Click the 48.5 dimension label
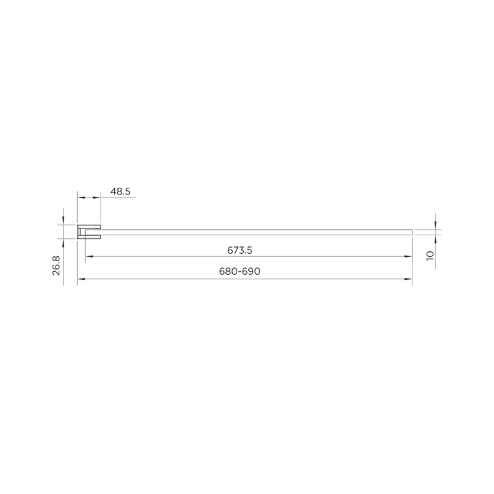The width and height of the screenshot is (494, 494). pyautogui.click(x=120, y=191)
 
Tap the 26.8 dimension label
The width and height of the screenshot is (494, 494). pyautogui.click(x=56, y=266)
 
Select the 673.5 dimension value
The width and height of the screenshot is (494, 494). pyautogui.click(x=240, y=251)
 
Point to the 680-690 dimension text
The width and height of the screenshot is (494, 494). pyautogui.click(x=240, y=271)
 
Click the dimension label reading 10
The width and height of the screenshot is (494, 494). pyautogui.click(x=430, y=256)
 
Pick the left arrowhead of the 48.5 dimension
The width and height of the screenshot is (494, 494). pyautogui.click(x=82, y=198)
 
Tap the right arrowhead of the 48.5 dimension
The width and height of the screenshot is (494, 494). pyautogui.click(x=97, y=198)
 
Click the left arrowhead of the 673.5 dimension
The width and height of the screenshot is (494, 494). pyautogui.click(x=90, y=256)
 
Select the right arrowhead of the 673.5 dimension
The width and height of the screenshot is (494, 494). pyautogui.click(x=408, y=256)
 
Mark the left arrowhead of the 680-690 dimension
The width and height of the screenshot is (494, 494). pyautogui.click(x=82, y=279)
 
